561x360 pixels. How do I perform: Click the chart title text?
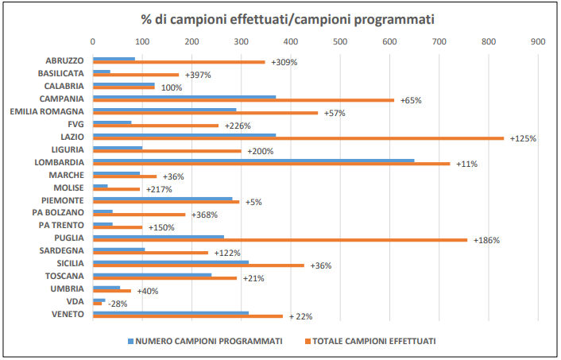coord(281,17)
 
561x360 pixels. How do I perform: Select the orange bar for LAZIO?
coord(298,138)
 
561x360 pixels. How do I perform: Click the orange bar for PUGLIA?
coord(280,239)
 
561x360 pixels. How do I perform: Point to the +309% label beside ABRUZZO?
coord(284,62)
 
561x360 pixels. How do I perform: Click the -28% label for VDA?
coord(117,304)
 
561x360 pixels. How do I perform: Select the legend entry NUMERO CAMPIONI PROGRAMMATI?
coord(205,341)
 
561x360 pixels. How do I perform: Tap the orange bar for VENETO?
coord(188,316)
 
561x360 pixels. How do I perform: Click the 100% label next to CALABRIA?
coord(172,87)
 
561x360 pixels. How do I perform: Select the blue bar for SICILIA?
coord(171,261)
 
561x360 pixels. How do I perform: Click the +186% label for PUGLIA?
coord(486,240)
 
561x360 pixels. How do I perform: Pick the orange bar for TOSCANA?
coord(164,278)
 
